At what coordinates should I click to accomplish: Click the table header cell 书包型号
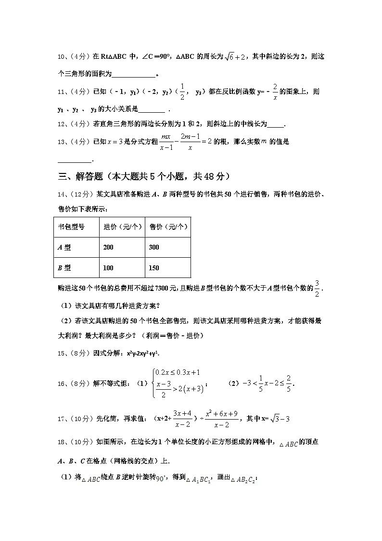(x=71, y=227)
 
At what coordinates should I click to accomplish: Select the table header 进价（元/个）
(x=122, y=227)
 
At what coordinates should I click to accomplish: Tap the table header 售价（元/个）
(x=168, y=227)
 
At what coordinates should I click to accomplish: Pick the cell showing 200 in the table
(x=108, y=247)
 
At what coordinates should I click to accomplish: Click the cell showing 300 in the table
(x=154, y=247)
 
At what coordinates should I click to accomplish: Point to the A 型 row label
(x=64, y=247)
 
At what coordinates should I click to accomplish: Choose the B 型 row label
(x=64, y=268)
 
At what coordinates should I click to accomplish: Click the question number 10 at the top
(x=61, y=57)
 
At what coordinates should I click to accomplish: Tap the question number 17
(x=61, y=419)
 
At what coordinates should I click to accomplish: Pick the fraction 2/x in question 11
(x=275, y=92)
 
